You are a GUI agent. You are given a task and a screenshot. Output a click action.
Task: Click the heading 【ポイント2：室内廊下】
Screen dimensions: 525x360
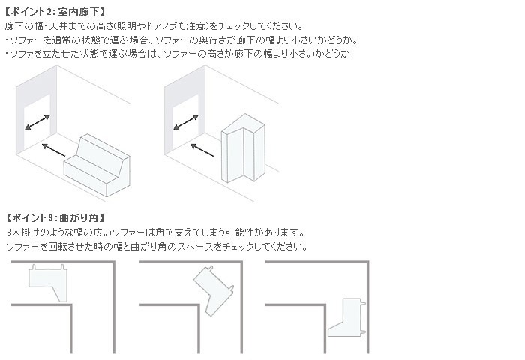point(55,12)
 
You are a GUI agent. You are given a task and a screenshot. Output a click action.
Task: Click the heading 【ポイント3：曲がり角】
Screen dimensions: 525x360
point(55,218)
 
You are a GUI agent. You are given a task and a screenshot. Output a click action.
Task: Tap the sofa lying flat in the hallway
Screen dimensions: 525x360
point(97,166)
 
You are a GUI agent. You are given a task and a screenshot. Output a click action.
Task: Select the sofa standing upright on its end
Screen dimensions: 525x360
point(243,148)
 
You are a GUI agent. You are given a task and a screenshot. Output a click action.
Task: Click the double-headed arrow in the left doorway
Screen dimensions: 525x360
point(37,122)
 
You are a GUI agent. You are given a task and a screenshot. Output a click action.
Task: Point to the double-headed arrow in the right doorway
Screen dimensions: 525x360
point(186,122)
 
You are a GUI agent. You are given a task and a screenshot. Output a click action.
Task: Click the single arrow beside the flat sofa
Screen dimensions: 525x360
point(53,150)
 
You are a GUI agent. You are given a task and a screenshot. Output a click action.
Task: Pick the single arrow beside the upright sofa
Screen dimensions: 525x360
point(202,150)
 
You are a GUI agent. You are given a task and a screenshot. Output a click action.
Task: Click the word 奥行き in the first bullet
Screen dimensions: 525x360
point(212,40)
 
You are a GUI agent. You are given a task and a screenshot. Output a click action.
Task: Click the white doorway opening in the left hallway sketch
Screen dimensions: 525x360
point(37,122)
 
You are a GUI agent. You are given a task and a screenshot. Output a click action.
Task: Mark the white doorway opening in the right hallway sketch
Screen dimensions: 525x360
point(186,122)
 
